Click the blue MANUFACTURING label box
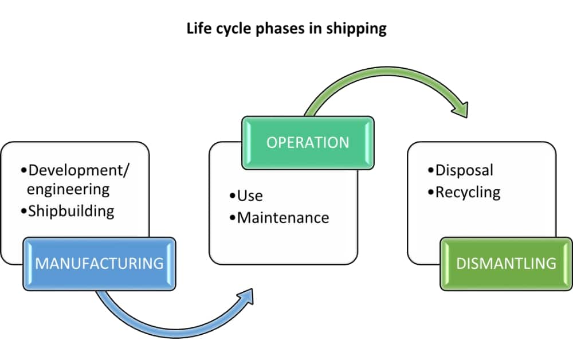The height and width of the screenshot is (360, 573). tap(99, 264)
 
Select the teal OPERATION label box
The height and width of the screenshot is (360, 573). tap(308, 143)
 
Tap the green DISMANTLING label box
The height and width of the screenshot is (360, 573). tap(506, 264)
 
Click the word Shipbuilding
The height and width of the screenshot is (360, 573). tap(72, 211)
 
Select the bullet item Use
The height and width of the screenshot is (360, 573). tap(250, 195)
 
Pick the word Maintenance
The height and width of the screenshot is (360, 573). tap(283, 218)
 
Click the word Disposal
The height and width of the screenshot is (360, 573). tap(464, 170)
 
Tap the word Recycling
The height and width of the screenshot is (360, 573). tap(468, 192)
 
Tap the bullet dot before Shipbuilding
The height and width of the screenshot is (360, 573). tap(23, 212)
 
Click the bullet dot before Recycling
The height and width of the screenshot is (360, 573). tap(431, 193)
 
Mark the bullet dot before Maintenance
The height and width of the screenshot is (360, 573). tap(233, 218)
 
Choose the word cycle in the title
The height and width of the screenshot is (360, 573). tap(235, 29)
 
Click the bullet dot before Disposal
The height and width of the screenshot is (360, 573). tap(431, 171)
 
